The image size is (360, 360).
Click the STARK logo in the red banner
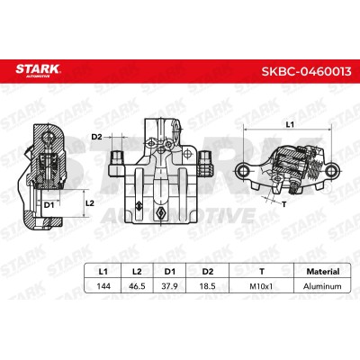pos(38,70)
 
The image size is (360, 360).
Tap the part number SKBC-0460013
pos(306,72)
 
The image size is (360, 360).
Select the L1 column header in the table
pos(103,272)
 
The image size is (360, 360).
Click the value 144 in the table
pos(103,286)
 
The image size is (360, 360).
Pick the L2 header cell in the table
pos(137,272)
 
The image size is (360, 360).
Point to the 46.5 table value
pos(137,286)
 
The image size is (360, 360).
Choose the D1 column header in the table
pos(170,272)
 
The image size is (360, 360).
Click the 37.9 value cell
pos(170,286)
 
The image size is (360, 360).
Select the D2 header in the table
pos(208,272)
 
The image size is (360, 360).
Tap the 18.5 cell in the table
pos(208,286)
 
